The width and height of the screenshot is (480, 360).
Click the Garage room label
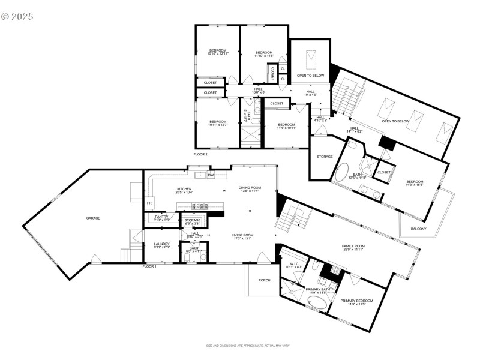[x=93, y=218]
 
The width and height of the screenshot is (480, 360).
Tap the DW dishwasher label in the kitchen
[x=211, y=175]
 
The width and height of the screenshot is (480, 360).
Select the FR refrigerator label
[x=149, y=203]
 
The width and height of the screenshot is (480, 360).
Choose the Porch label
[x=264, y=280]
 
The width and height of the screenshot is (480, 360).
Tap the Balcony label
[x=419, y=229]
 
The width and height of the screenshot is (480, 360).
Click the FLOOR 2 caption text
[x=200, y=154]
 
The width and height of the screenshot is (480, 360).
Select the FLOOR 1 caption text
[x=149, y=266]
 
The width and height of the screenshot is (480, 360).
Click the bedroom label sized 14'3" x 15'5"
[x=415, y=183]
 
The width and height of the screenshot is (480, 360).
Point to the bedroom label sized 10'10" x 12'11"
[x=217, y=52]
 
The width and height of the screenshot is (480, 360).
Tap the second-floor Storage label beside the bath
[x=325, y=157]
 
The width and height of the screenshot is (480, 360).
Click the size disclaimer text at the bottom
[x=248, y=346]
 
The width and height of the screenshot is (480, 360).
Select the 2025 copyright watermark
[x=17, y=16]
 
